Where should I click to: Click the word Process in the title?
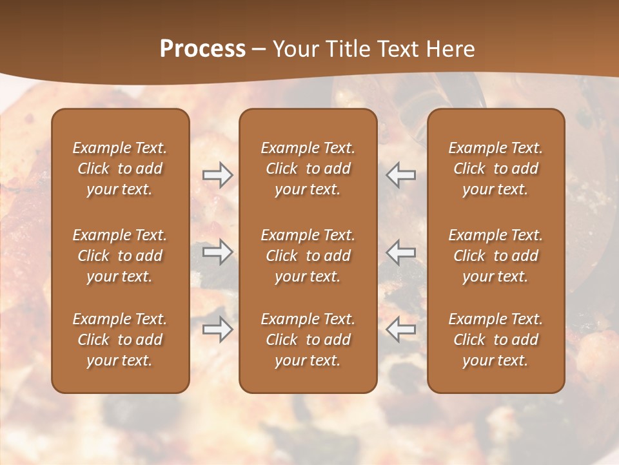(202, 49)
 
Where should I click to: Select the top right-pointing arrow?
(217, 175)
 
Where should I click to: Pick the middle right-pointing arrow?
(217, 252)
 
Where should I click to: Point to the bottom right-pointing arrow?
(217, 329)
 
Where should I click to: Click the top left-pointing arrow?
(400, 175)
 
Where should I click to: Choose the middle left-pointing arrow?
(400, 252)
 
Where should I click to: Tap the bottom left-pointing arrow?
(400, 329)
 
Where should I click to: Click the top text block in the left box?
(120, 169)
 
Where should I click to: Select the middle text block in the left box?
(120, 256)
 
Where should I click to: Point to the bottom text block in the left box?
(120, 340)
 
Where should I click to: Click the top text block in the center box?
(308, 169)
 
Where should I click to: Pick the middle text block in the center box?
(308, 256)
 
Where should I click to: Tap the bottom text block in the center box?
(308, 340)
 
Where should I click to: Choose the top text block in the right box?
(495, 169)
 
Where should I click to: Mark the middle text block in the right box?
(495, 256)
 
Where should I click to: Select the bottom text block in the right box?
(495, 340)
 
